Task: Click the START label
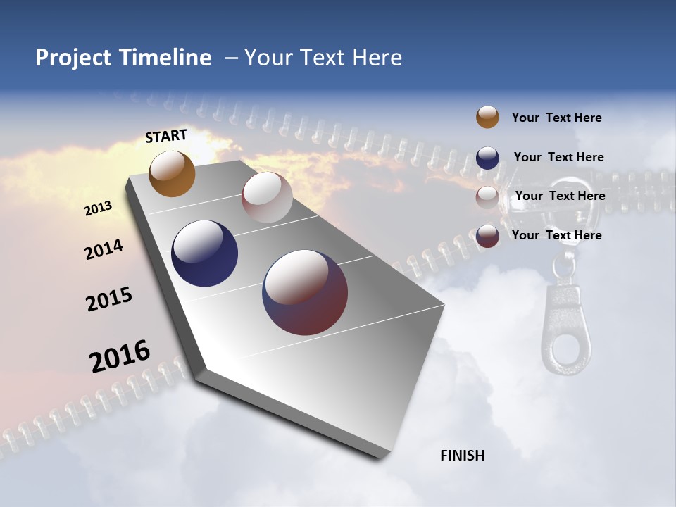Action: (166, 136)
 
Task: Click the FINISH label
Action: (462, 456)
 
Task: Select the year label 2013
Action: (98, 208)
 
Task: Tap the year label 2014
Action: (104, 250)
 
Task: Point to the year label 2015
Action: (109, 299)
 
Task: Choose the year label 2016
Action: (120, 356)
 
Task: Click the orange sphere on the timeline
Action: (172, 173)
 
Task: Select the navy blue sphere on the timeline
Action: (204, 254)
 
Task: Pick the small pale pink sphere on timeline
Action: (267, 197)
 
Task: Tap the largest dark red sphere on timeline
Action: (305, 292)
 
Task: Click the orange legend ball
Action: (487, 118)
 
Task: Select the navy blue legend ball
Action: (487, 157)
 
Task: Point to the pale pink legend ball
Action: (487, 196)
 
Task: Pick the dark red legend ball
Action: (487, 236)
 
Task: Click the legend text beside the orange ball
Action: (556, 118)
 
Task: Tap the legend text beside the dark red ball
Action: (556, 235)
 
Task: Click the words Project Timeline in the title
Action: (123, 58)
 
